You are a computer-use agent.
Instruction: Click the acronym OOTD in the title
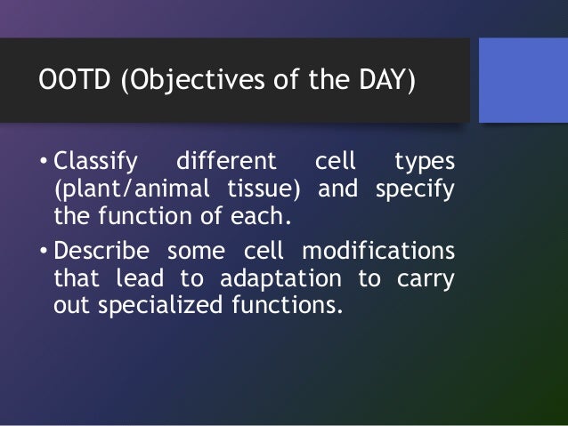(x=74, y=79)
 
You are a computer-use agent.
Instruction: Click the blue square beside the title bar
(x=523, y=80)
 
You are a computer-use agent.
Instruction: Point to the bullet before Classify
(x=44, y=160)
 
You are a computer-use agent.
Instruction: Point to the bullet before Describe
(x=44, y=250)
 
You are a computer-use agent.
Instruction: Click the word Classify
(x=95, y=162)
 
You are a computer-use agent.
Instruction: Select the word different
(x=226, y=160)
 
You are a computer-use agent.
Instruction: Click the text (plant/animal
(x=132, y=189)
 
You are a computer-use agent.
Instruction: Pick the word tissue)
(x=264, y=189)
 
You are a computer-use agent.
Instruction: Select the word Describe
(x=101, y=250)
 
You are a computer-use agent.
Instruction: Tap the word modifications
(x=378, y=250)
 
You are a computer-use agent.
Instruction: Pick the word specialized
(x=160, y=305)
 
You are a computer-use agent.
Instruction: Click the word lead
(x=140, y=278)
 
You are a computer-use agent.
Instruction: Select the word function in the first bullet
(x=145, y=216)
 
